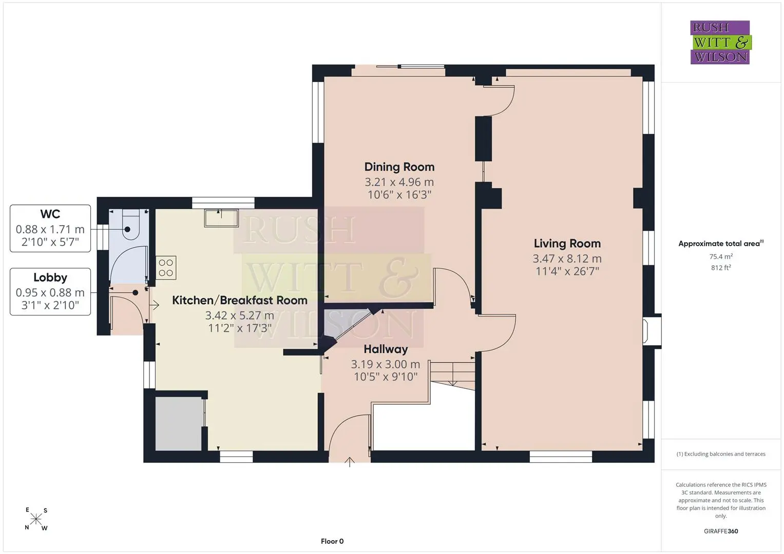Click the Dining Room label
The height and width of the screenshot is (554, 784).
pos(399,167)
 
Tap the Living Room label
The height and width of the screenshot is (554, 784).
pos(567,244)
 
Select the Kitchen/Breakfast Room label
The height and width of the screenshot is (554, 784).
pos(240,300)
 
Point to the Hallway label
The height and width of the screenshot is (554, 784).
pos(386,349)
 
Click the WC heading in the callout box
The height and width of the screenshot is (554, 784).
pos(50,214)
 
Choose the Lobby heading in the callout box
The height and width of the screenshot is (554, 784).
pos(50,278)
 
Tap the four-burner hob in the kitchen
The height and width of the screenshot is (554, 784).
pos(166,268)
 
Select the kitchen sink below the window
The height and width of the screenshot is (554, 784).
pos(221,218)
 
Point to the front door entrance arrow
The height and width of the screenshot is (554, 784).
pos(349,462)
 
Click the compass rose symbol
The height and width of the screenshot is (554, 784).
pos(36,519)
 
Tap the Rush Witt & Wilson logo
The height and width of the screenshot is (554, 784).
pos(721,42)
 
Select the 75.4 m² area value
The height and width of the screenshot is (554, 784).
pos(721,256)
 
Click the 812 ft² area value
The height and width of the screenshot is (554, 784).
pos(721,268)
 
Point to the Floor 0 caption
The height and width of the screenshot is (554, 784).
pos(332,541)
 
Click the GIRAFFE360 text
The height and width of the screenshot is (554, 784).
pos(721,531)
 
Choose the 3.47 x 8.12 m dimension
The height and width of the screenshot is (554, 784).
pos(567,259)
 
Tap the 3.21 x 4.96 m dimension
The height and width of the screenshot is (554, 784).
pos(399,182)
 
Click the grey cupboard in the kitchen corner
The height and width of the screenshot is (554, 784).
pos(179,424)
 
